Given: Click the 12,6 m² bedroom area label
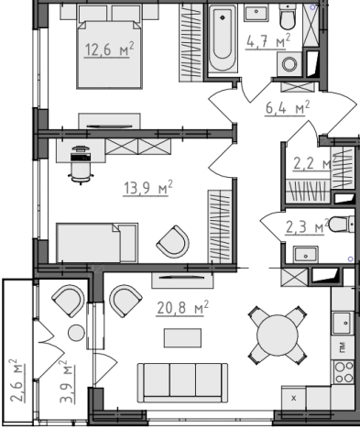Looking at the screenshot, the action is tap(109, 49).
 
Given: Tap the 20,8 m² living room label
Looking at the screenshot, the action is tap(182, 308).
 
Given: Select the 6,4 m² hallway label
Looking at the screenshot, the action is tap(288, 108).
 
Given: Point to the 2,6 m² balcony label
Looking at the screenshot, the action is tap(17, 380).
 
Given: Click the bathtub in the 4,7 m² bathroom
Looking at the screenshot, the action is tap(223, 39).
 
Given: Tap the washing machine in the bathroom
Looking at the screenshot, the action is tap(289, 64).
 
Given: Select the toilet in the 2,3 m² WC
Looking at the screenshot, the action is tap(342, 224).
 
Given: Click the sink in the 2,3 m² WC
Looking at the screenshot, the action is tap(306, 255).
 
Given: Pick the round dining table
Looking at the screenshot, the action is tap(278, 335).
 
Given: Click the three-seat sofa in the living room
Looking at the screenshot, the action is tap(182, 382).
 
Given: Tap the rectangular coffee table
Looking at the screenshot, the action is tap(182, 338).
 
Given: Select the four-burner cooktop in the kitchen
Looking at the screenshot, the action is tap(344, 372).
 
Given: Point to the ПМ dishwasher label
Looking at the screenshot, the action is tap(343, 346).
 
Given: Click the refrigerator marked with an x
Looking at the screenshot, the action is tap(294, 398).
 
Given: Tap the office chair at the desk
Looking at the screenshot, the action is tap(81, 166).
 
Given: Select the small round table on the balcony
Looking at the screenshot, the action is tap(76, 333).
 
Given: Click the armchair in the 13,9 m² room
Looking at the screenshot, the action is tap(173, 242).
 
